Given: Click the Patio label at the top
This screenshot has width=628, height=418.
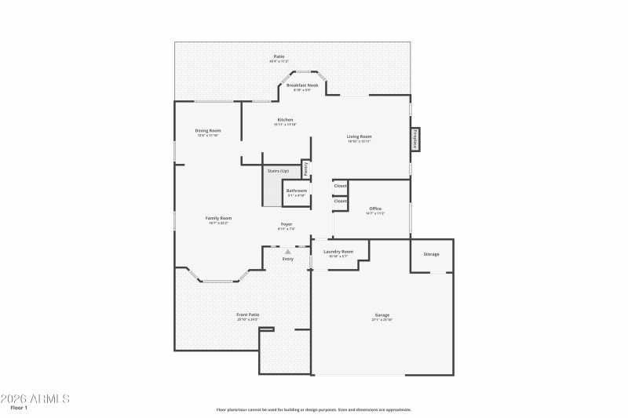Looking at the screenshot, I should (x=279, y=56).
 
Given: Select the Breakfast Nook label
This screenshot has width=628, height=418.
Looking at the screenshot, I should (x=302, y=85).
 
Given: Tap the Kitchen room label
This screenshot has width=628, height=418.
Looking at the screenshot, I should (x=284, y=120).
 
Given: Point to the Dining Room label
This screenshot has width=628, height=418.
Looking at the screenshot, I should (x=208, y=130).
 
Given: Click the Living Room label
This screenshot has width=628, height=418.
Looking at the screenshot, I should (x=360, y=136).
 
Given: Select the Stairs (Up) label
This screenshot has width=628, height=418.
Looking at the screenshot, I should (x=278, y=170).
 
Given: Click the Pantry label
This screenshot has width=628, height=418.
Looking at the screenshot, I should (x=306, y=169).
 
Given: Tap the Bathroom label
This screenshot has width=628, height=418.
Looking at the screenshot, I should (x=296, y=191).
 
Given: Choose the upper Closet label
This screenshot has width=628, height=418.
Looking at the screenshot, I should (x=340, y=186).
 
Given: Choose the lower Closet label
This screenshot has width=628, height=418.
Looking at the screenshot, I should (x=340, y=201).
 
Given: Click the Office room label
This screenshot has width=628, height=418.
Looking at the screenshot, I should (x=375, y=208).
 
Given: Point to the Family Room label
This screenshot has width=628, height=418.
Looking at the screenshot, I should (x=218, y=218).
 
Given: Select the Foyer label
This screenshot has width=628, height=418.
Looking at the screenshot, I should (x=287, y=224).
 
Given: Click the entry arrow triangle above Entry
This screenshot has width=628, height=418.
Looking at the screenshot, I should (x=287, y=251).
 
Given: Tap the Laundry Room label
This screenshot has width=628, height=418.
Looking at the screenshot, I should (x=338, y=252).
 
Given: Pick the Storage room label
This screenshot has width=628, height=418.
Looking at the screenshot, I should (x=431, y=254).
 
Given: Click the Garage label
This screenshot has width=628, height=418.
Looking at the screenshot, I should (x=382, y=315).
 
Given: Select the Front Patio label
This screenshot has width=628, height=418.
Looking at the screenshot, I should (x=248, y=314).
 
